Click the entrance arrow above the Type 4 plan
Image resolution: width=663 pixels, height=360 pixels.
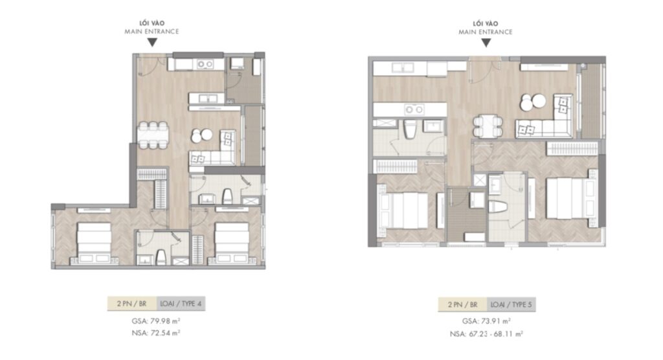point(151,43)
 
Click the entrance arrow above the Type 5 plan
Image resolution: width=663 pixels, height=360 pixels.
point(486,43)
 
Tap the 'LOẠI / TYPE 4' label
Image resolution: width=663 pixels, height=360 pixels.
point(184,302)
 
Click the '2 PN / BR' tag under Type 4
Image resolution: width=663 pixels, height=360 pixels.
point(132,302)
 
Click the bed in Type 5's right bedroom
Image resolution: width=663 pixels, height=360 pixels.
point(570,199)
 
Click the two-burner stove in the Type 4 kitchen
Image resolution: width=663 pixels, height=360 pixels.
point(207,64)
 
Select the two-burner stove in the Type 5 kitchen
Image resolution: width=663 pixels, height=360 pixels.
point(414,109)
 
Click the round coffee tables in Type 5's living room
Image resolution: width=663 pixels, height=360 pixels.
point(533,102)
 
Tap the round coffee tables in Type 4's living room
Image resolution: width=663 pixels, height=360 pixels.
point(201,135)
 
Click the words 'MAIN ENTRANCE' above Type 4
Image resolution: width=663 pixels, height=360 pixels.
point(151,31)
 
